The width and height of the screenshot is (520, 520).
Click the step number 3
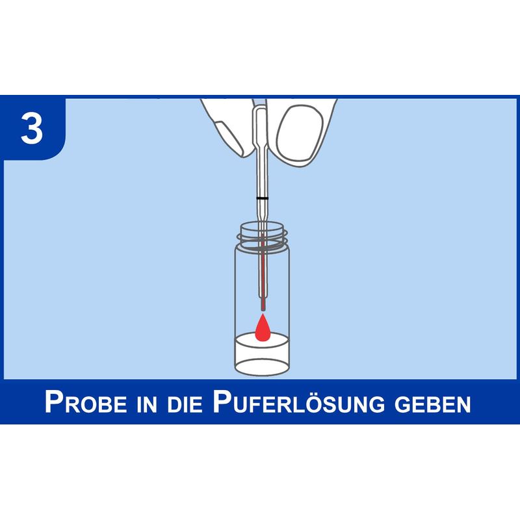(32, 127)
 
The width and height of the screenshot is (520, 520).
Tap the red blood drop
(262, 328)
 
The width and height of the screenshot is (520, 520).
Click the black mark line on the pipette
(262, 198)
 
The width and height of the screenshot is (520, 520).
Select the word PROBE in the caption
(86, 402)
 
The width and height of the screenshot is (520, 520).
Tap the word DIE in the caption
(185, 404)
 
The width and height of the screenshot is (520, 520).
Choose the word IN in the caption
(147, 404)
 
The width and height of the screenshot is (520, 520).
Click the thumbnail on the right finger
(299, 133)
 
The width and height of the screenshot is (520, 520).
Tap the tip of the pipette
(263, 309)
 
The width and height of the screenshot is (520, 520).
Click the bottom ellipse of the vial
(262, 366)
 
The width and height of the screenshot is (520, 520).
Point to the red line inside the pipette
(263, 271)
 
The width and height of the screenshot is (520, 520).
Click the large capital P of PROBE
(53, 401)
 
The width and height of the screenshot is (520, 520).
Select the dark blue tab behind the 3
(33, 127)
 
